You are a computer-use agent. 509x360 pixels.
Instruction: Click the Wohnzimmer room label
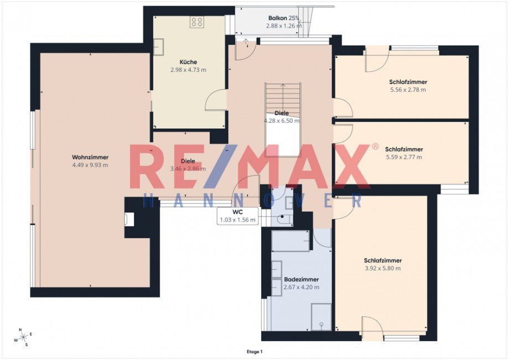click(90, 157)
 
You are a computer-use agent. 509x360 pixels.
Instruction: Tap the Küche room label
click(188, 62)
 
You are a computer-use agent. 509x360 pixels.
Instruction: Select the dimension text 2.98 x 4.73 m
click(188, 70)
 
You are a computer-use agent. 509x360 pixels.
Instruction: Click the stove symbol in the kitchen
click(197, 22)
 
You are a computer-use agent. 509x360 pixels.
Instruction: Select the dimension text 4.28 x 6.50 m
click(282, 121)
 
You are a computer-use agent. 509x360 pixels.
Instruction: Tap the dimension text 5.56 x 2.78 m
click(408, 90)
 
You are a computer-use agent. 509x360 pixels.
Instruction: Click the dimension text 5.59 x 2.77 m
click(404, 157)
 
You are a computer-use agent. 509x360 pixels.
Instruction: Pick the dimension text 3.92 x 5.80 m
click(382, 268)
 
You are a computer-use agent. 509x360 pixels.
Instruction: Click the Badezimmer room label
click(301, 280)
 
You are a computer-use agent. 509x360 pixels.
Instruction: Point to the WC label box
click(238, 216)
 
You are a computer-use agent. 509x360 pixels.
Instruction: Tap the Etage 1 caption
click(254, 351)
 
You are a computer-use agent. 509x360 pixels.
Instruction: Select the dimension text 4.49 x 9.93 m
click(90, 165)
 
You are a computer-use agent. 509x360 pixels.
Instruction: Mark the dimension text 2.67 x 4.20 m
click(301, 288)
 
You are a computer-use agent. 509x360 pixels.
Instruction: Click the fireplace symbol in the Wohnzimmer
click(129, 220)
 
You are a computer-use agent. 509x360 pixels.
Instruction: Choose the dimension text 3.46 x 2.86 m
click(188, 169)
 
